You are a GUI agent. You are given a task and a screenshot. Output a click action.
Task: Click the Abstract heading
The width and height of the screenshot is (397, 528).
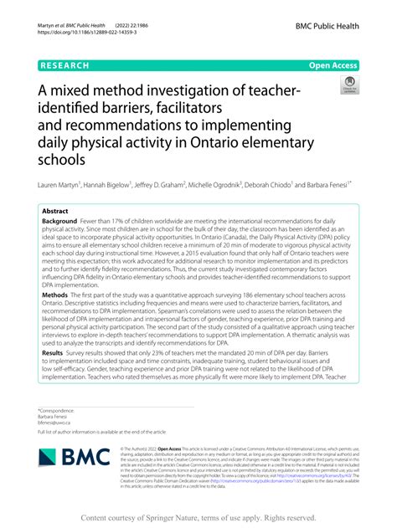(56, 212)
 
